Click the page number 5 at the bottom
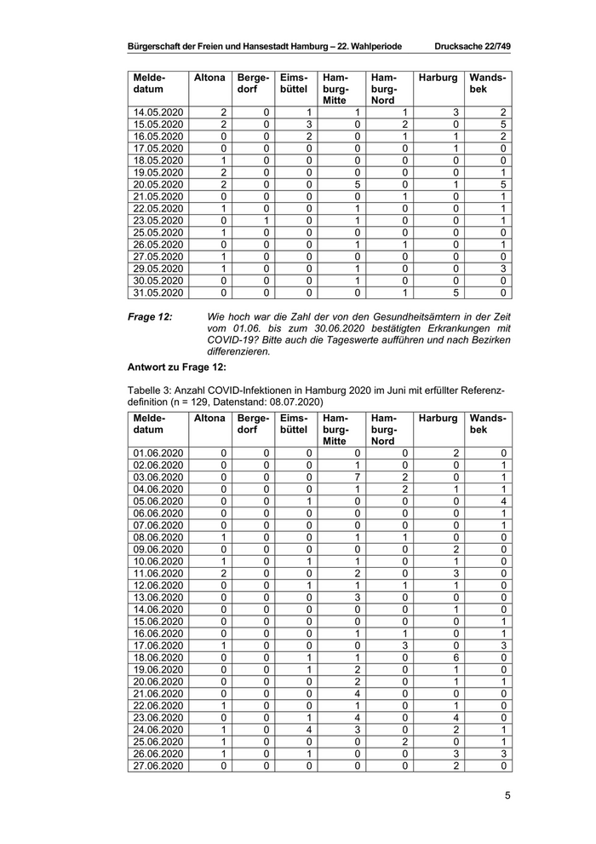507,796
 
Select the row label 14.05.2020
158,112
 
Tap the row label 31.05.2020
158,292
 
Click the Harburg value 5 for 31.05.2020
456,292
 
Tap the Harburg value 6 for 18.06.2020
456,657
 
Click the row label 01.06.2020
158,453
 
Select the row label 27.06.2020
158,766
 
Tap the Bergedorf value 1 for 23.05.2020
266,220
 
